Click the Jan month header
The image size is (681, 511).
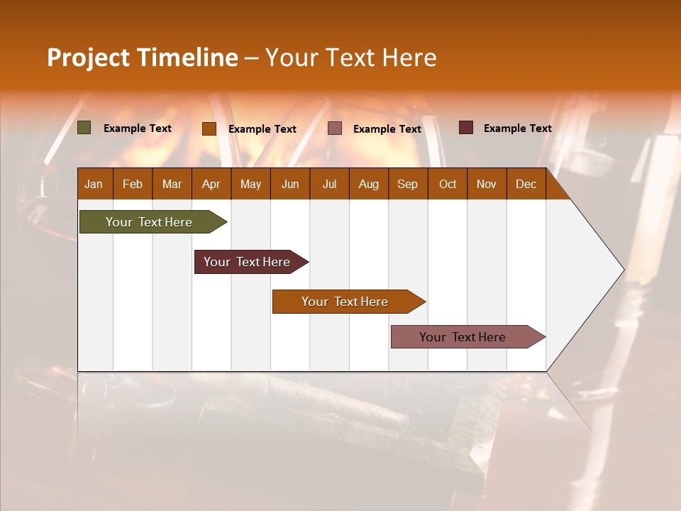click(x=94, y=184)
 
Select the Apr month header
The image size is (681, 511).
click(x=211, y=184)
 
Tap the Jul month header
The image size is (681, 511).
click(x=329, y=184)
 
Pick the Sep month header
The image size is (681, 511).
click(x=408, y=184)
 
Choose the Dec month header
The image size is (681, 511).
click(x=526, y=184)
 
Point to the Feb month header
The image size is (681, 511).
click(x=133, y=184)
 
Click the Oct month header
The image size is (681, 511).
click(x=448, y=184)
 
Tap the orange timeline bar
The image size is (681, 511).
click(x=345, y=302)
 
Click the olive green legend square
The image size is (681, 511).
click(x=84, y=128)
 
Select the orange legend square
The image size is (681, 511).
click(x=209, y=128)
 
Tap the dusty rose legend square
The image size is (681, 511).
click(x=335, y=128)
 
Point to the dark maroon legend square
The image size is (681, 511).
click(x=466, y=128)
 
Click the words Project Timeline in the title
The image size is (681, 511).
click(x=142, y=57)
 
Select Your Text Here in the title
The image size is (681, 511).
click(x=350, y=57)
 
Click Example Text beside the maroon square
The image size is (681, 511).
click(x=517, y=128)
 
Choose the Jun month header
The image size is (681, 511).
click(x=290, y=184)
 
